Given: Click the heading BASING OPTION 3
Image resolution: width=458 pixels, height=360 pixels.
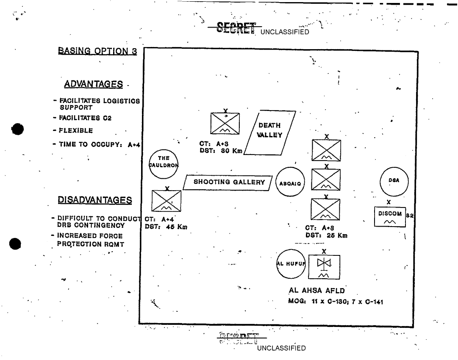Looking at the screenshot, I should [97, 51].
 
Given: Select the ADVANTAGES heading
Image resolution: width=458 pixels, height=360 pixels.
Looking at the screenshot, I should [94, 85].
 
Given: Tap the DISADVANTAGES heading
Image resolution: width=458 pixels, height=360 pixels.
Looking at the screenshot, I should [95, 199].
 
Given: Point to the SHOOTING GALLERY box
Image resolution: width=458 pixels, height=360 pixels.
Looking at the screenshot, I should [228, 183].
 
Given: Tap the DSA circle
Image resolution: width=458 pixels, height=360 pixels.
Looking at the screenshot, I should [394, 180].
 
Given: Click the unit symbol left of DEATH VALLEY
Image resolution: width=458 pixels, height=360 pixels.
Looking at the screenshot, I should [225, 125].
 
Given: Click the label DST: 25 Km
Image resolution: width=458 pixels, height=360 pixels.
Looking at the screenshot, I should [326, 235].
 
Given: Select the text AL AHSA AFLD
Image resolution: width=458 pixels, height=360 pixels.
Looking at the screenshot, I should [316, 291].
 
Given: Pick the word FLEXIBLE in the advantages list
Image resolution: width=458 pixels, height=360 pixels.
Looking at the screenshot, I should [76, 130].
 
